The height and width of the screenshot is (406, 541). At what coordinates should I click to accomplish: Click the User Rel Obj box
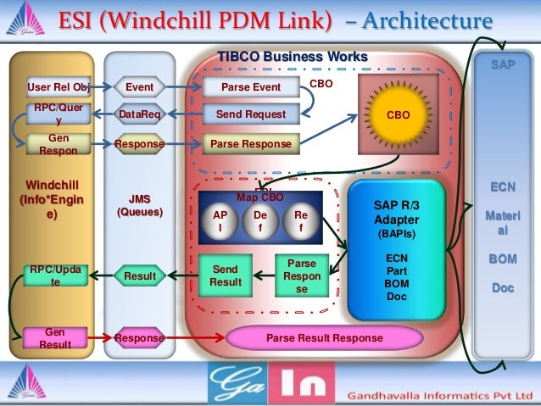pos(58,86)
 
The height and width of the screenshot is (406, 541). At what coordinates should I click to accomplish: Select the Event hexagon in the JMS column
pos(139,86)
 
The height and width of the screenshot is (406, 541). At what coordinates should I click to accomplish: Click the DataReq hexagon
pos(139,114)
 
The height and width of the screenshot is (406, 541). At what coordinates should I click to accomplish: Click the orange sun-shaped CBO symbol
pos(398,112)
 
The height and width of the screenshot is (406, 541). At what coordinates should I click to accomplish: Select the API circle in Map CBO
pos(220,222)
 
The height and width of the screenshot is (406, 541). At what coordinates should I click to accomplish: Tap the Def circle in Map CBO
pos(260,222)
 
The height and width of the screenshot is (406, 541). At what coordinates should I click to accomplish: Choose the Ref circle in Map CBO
pos(300,222)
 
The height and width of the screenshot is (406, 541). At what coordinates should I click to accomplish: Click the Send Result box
pos(226,275)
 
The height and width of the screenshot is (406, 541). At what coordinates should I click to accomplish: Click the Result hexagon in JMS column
pos(139,275)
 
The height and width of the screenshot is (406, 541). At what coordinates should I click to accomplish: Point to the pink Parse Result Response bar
pos(324,338)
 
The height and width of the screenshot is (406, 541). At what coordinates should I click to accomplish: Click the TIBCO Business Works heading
pos(293,57)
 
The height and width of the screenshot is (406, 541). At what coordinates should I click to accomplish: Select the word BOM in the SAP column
pos(501,259)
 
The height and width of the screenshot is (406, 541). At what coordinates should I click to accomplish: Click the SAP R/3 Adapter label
pos(397,212)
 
